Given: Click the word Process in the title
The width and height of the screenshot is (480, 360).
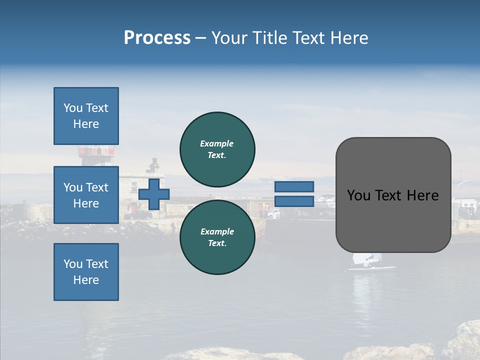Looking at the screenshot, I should coord(157,38).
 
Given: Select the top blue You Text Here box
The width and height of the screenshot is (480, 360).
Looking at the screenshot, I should coord(86,116).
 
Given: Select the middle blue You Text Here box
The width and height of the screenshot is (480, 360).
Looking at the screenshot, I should coord(86,195).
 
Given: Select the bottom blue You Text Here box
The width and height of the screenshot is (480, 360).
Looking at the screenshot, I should coord(86,272).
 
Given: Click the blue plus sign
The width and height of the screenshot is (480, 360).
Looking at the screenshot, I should coord(153,194).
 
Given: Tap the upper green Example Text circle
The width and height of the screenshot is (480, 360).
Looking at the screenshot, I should coord(217,149).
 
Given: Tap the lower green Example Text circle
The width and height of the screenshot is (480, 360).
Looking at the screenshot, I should coord(217,237).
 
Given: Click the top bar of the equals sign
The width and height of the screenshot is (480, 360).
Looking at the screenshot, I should coord(294,186).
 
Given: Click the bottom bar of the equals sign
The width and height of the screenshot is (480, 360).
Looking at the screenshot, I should coord(294,201).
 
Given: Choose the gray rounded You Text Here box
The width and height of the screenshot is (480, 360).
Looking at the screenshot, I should coord(393,195).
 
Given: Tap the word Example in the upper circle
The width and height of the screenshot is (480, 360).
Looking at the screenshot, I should coord(217,143).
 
